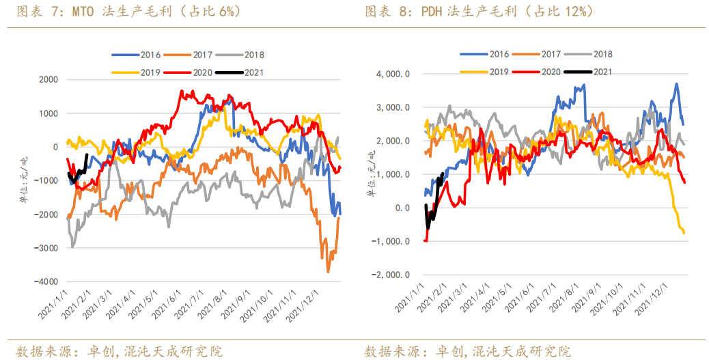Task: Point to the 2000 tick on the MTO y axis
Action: (48, 80)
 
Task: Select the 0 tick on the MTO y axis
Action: (55, 147)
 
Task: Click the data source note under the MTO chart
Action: (120, 351)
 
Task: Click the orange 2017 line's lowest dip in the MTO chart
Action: (328, 271)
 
